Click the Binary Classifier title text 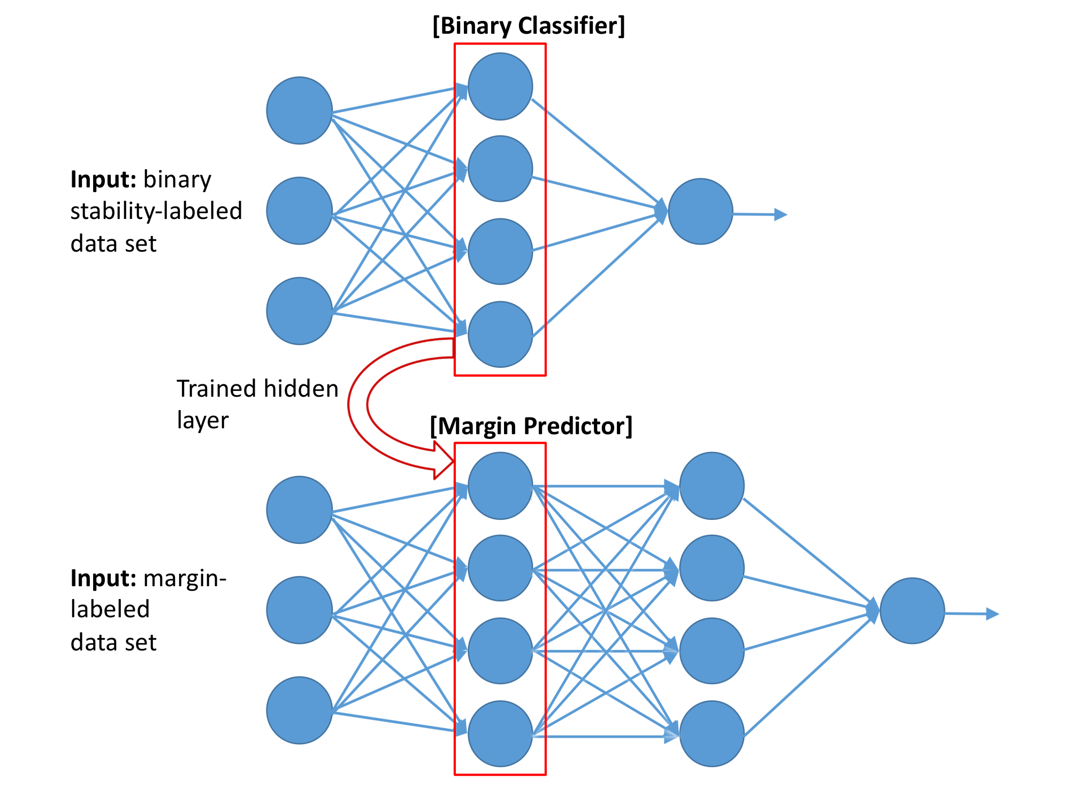tap(529, 26)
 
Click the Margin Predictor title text tap(531, 426)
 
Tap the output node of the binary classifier tap(700, 211)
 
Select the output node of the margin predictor tap(912, 611)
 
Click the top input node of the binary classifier tap(300, 111)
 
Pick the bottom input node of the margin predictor tap(300, 710)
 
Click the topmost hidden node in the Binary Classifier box tap(500, 86)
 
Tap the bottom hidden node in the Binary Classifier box tap(500, 335)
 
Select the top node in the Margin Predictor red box tap(500, 486)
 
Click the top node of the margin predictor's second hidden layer tap(712, 486)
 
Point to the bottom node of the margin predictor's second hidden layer tap(712, 734)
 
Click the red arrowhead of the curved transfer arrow tap(444, 461)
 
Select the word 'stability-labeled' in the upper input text tap(156, 211)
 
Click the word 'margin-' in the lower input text tap(185, 579)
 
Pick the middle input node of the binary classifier tap(300, 211)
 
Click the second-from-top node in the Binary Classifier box tap(500, 169)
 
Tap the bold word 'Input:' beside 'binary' tap(103, 180)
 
